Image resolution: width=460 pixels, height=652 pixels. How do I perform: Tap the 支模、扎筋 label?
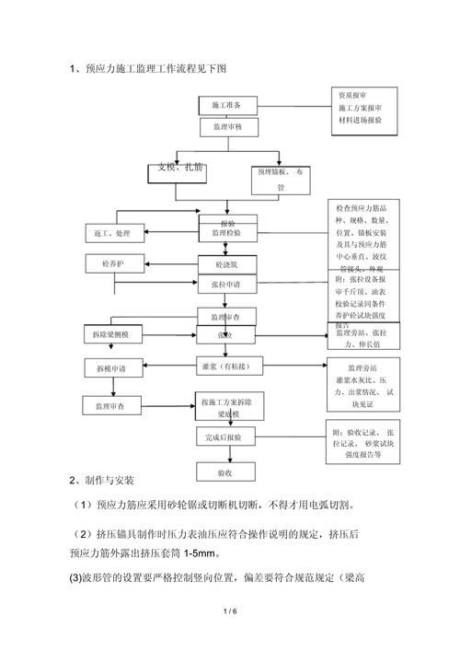tap(180, 168)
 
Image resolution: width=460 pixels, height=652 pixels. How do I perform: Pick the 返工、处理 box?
tap(114, 229)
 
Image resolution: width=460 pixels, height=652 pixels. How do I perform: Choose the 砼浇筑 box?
tap(226, 264)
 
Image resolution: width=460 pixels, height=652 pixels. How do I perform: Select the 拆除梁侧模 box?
tap(115, 332)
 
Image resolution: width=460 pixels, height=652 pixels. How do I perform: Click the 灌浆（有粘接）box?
tap(230, 366)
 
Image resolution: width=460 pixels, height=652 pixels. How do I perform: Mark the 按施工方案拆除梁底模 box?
tap(231, 406)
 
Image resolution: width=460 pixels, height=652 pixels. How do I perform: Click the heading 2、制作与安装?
tap(102, 481)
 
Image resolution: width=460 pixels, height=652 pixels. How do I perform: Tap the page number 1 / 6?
tap(230, 611)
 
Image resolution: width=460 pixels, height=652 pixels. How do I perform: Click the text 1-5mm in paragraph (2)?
tap(197, 553)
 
